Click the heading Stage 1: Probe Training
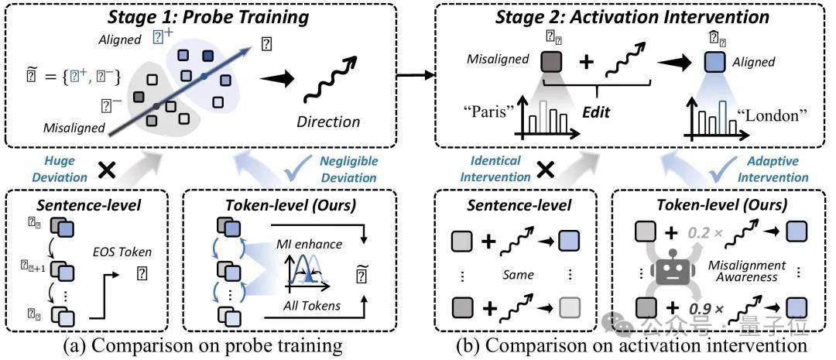(x=207, y=15)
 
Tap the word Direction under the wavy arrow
(x=329, y=121)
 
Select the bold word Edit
(x=598, y=112)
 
